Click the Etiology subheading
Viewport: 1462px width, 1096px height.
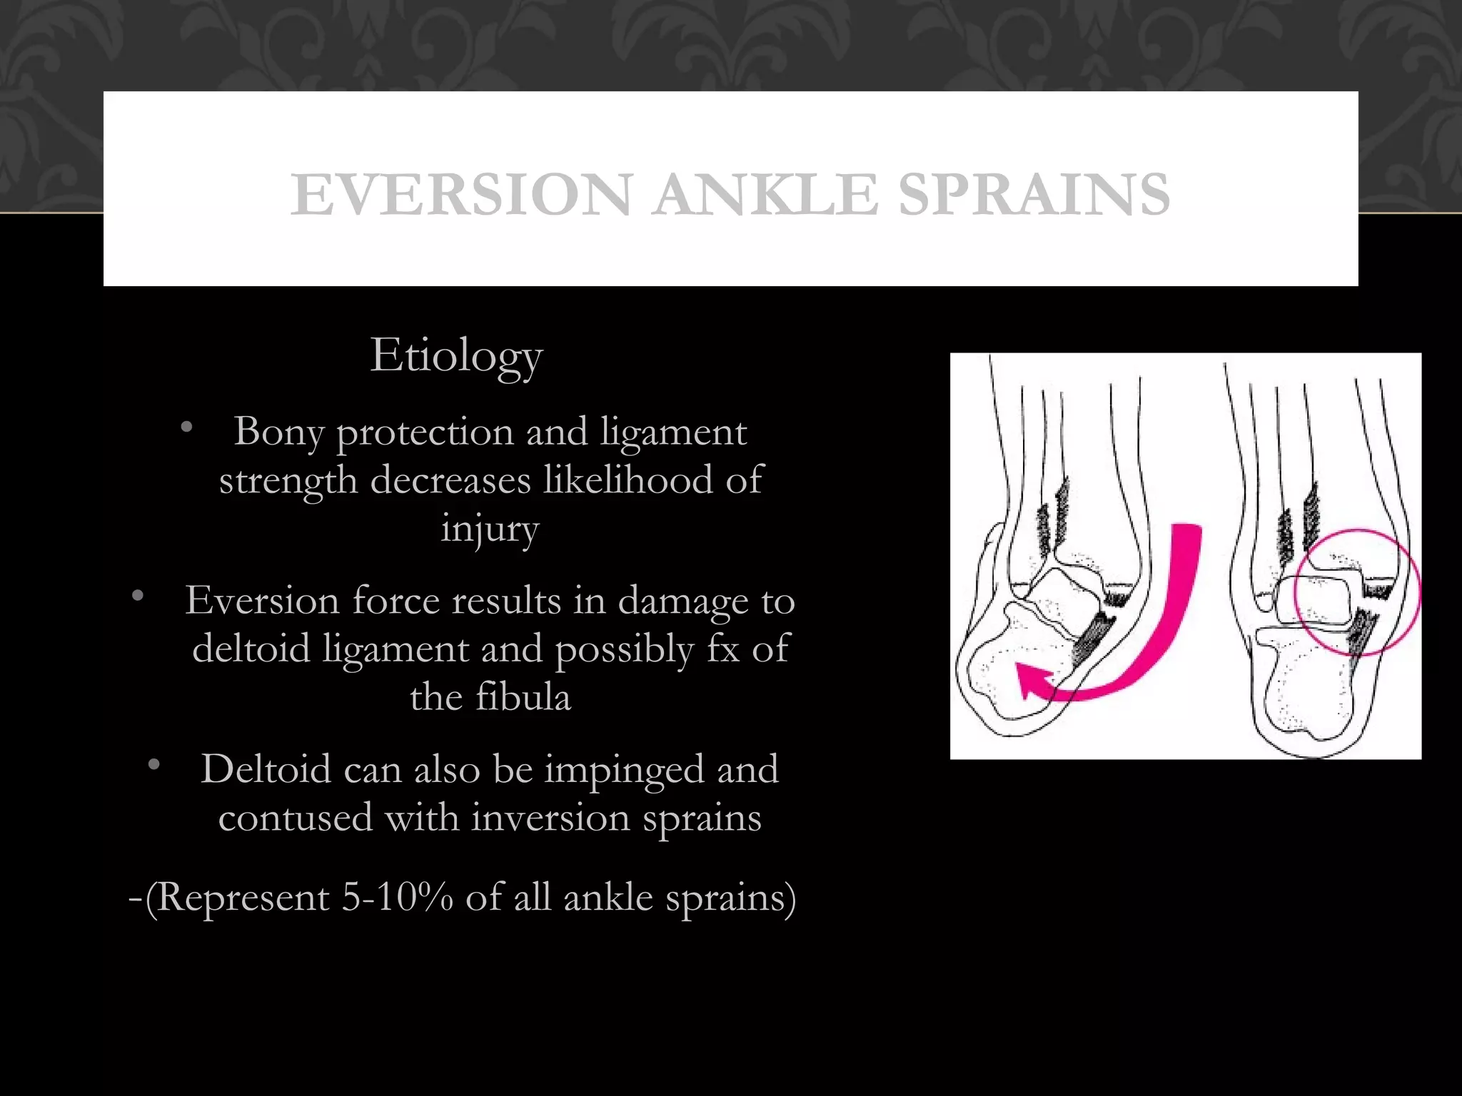click(456, 355)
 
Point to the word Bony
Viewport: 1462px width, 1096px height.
click(278, 432)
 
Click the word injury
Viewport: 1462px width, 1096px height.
click(490, 529)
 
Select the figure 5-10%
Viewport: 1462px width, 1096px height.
click(397, 897)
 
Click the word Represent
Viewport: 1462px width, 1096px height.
click(243, 898)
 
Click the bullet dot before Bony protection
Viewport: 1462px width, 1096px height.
click(187, 427)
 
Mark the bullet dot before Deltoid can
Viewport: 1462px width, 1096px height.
click(153, 766)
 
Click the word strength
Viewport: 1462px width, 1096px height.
click(288, 481)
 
